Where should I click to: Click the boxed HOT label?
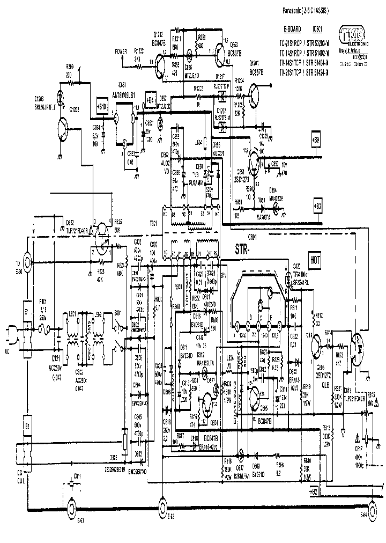click(x=315, y=259)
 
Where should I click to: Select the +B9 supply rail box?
click(x=316, y=140)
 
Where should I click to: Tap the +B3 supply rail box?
click(x=318, y=205)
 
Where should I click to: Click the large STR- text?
click(x=244, y=250)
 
